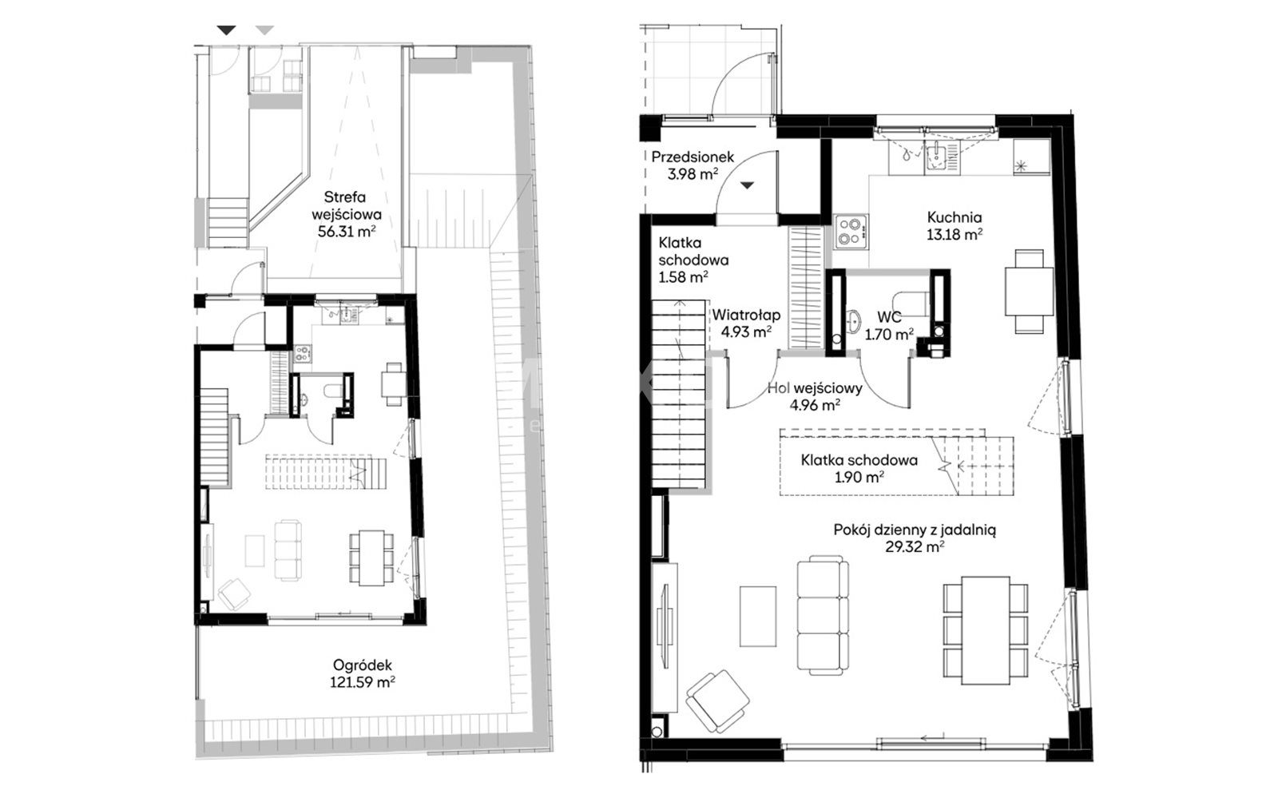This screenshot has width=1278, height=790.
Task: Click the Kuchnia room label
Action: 954,217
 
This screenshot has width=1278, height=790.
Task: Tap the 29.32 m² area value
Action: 914,547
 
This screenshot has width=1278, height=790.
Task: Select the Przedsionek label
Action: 692,157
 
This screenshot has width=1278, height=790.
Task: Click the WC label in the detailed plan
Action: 889,317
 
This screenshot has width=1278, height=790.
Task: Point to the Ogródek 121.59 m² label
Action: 363,673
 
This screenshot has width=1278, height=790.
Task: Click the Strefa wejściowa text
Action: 347,206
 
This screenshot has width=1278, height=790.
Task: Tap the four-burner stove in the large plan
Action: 851,232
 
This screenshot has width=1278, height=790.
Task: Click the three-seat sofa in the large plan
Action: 823,615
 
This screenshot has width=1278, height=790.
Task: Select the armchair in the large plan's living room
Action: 717,701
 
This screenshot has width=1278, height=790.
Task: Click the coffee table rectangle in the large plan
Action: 758,616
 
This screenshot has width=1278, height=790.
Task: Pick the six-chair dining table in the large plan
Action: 986,630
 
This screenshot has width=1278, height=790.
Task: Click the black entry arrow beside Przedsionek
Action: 747,185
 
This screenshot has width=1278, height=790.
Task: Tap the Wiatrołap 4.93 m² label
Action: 746,324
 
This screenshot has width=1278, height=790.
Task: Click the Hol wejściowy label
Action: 815,388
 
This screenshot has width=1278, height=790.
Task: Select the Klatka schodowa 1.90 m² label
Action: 859,468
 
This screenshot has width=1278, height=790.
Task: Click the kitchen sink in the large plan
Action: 942,157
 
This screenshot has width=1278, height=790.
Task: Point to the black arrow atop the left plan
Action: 227,30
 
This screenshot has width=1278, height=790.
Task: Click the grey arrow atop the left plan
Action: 264,30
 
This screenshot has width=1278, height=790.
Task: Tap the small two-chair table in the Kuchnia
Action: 1030,291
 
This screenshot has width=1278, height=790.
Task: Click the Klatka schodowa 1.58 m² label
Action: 693,260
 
